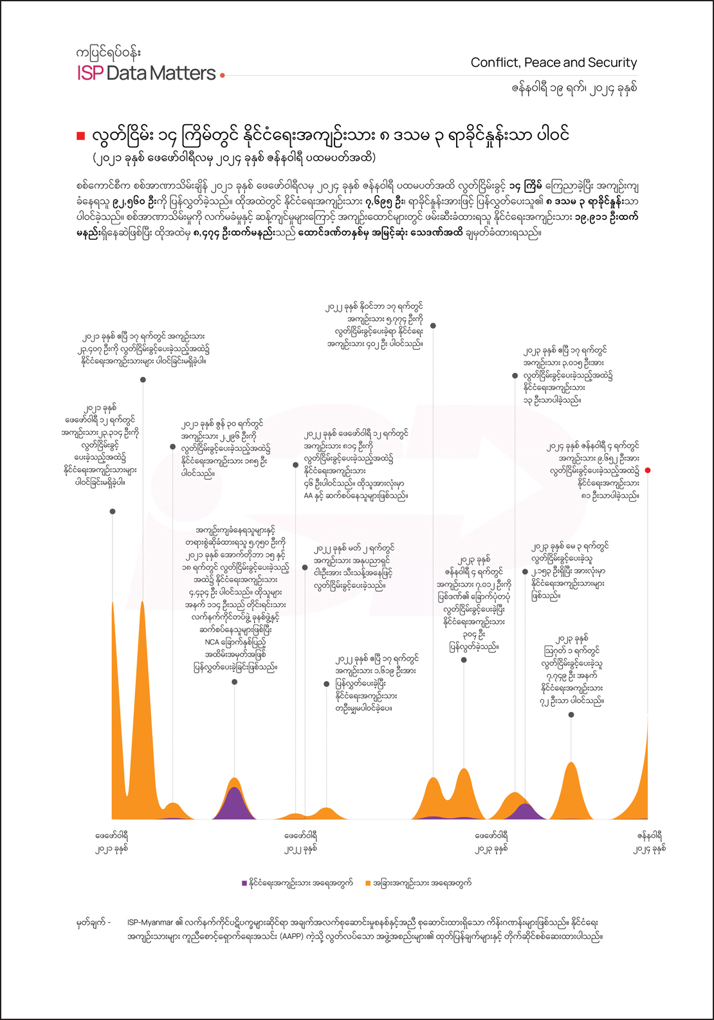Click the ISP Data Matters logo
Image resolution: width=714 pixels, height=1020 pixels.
[146, 73]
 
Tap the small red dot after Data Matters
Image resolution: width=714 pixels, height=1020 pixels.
[223, 75]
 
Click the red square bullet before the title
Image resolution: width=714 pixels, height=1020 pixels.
[80, 136]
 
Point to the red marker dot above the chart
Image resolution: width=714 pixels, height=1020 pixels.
[648, 470]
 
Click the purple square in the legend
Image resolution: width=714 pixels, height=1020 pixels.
[244, 883]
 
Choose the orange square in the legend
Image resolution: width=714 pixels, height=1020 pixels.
[368, 883]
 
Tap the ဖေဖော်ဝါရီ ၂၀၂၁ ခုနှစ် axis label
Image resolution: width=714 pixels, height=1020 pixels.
[112, 842]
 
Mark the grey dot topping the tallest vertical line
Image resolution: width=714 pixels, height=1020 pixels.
[434, 326]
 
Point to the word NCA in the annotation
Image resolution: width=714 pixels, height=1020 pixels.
[212, 642]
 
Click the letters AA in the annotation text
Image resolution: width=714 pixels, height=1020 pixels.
[308, 496]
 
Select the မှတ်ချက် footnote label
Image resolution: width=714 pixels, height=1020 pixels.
[91, 922]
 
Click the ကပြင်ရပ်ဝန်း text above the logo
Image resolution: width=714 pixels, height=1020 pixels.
[108, 51]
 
